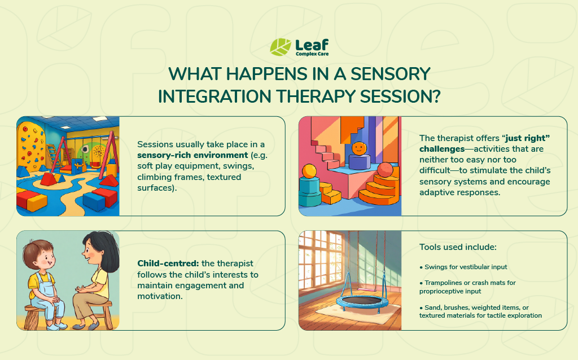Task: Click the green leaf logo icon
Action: [x=281, y=47]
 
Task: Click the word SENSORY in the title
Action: [x=391, y=74]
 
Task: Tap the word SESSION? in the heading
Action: [x=400, y=96]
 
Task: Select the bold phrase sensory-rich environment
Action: [x=192, y=155]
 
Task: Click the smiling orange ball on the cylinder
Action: [x=359, y=148]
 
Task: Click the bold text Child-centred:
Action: [x=168, y=264]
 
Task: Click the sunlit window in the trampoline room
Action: [x=321, y=260]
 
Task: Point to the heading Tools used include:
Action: [x=458, y=247]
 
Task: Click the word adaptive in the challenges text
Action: [x=435, y=192]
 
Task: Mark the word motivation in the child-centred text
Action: [x=159, y=296]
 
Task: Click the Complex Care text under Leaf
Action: [x=312, y=54]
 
